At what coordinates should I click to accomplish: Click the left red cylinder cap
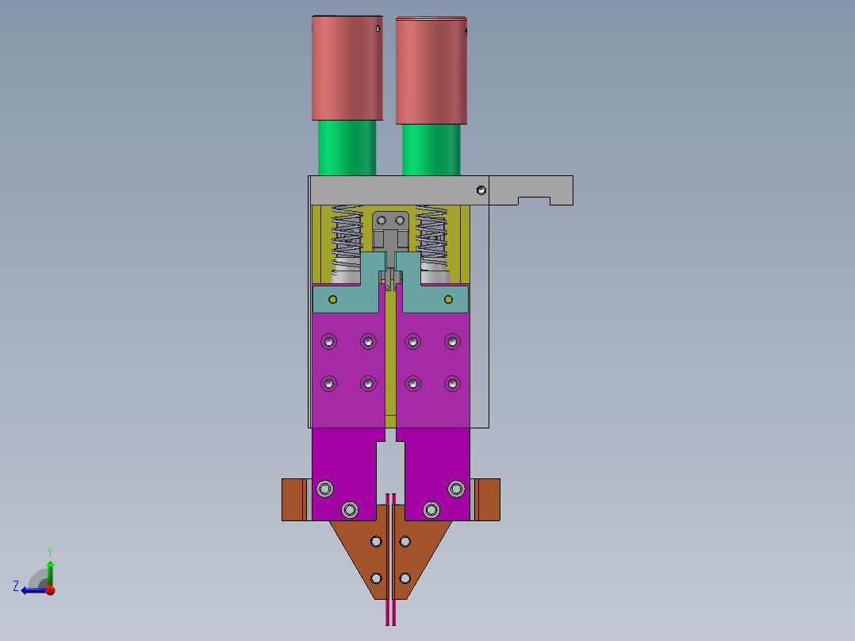pos(347,67)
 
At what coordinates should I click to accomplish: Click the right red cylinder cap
pos(431,71)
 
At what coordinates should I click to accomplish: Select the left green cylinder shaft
pos(347,148)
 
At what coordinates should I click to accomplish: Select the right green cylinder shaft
pos(431,150)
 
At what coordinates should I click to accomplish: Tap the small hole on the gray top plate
pos(481,190)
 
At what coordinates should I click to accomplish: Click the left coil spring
pos(347,237)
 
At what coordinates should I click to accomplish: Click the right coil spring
pos(431,237)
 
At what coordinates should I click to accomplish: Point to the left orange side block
pos(297,500)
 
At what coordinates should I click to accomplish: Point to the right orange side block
pos(485,500)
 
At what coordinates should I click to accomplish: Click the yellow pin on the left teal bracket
pos(332,300)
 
